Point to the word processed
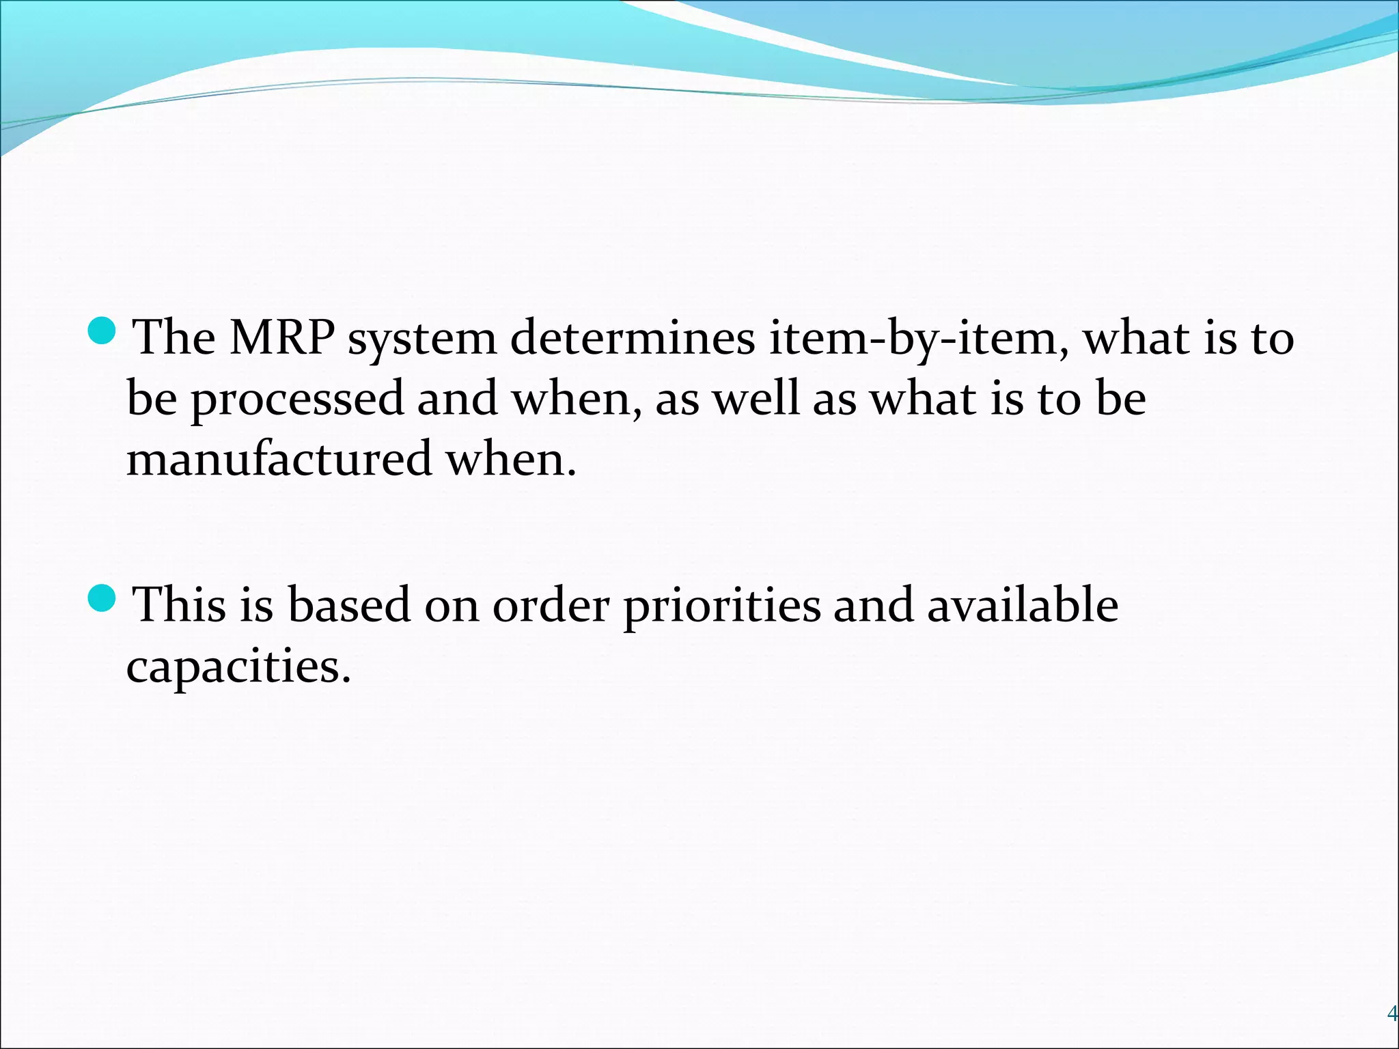click(x=298, y=400)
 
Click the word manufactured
click(x=279, y=459)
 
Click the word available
click(x=1022, y=604)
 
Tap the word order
click(x=551, y=605)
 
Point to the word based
click(x=348, y=604)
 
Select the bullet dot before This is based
click(x=105, y=598)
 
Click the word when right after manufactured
click(x=511, y=459)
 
